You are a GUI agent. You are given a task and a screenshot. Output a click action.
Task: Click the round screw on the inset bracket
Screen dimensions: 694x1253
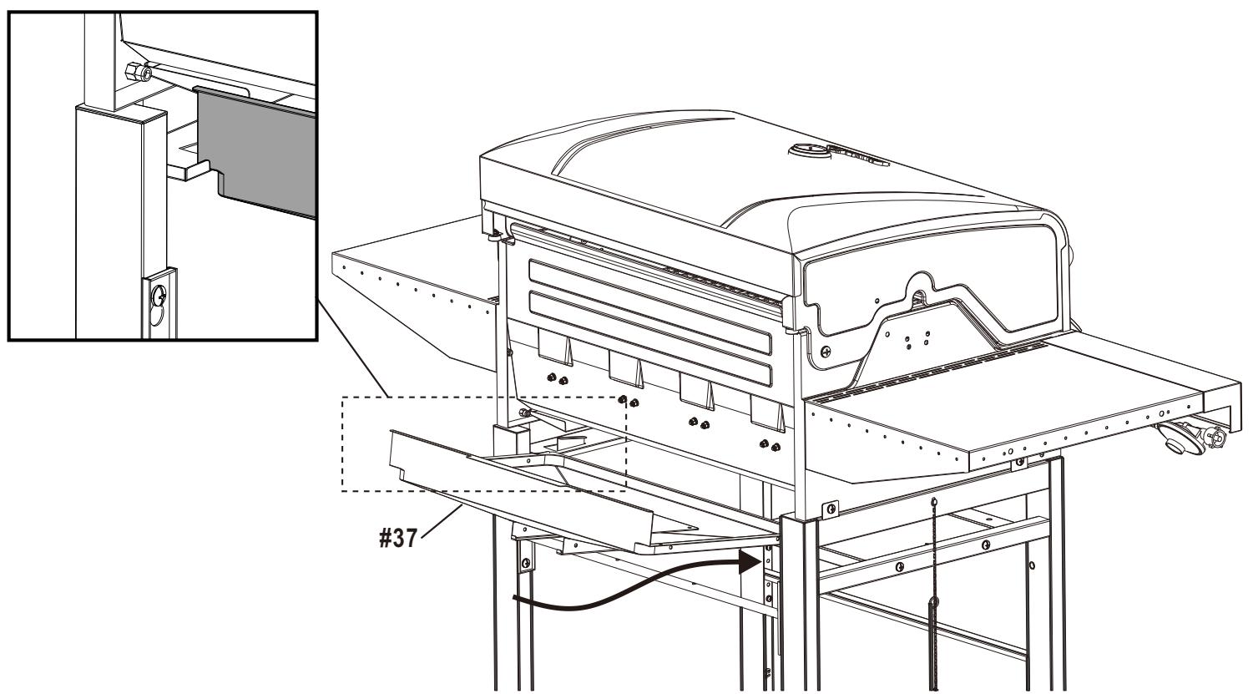[159, 294]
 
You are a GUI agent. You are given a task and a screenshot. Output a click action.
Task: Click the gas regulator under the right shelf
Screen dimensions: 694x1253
[1185, 436]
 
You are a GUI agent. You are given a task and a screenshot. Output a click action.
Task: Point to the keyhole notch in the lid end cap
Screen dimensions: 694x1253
[917, 296]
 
